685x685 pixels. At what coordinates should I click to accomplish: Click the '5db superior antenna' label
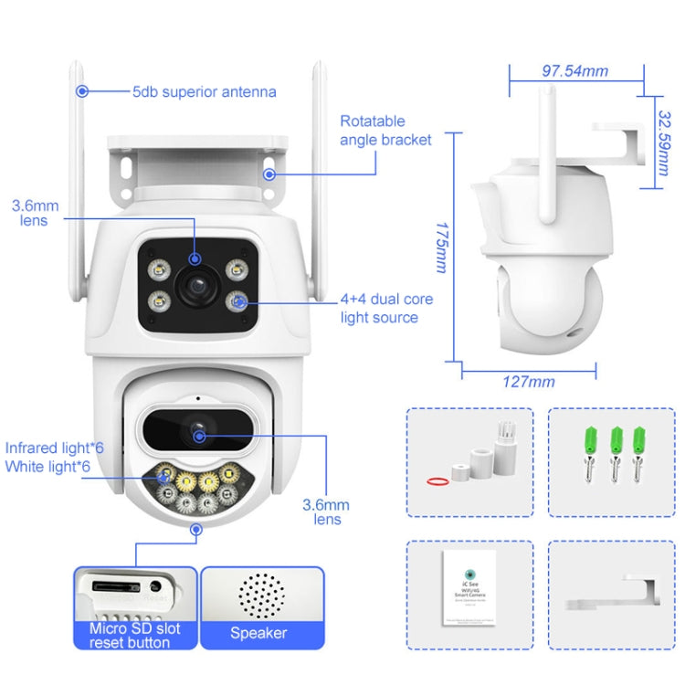204,91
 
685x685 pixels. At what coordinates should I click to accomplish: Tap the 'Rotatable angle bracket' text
385,130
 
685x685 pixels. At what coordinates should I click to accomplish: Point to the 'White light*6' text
47,467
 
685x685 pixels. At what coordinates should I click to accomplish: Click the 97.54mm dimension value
574,70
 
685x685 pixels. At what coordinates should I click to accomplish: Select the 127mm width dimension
529,381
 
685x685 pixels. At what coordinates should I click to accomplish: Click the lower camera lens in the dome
196,428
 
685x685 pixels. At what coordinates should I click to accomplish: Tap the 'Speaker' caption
258,633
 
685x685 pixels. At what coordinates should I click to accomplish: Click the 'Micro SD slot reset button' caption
135,635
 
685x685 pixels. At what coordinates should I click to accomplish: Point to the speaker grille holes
261,595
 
